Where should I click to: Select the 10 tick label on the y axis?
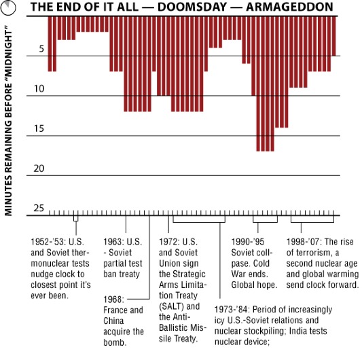[x=39, y=89]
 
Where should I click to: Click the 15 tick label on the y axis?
[x=39, y=129]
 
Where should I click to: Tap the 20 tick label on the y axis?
[x=39, y=168]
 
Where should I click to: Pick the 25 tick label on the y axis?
[x=39, y=208]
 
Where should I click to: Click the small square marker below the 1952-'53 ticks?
[x=75, y=219]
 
